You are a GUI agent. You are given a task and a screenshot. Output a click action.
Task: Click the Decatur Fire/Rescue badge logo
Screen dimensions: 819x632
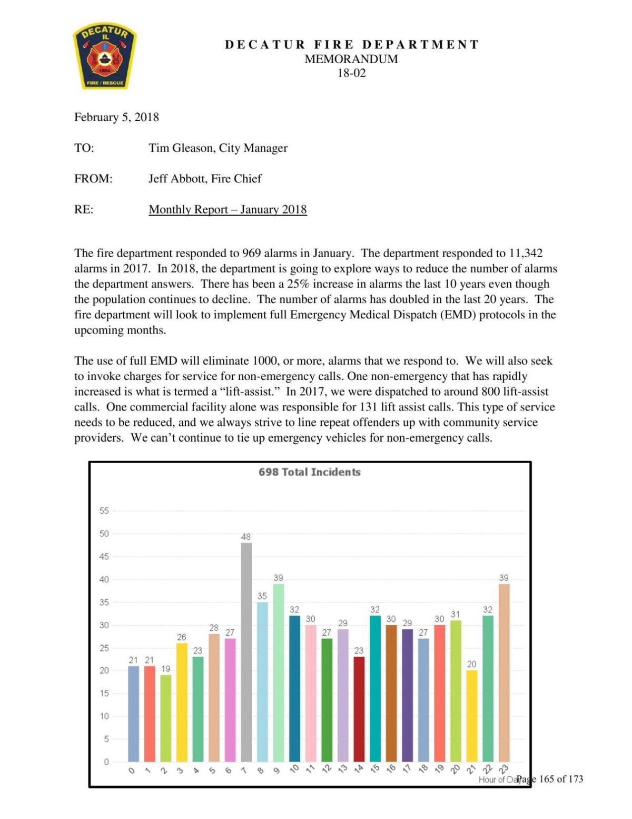click(x=105, y=57)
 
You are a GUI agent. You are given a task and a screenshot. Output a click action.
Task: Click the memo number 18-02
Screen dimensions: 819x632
click(x=351, y=73)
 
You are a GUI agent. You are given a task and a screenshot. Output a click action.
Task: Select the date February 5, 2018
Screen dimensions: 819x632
click(x=116, y=117)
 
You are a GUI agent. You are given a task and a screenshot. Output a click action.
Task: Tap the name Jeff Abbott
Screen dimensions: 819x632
click(x=174, y=179)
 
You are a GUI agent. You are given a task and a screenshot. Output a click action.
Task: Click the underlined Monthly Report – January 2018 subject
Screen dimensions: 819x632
click(x=228, y=210)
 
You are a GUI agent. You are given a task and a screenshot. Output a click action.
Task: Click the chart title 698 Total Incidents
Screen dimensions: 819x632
click(x=310, y=472)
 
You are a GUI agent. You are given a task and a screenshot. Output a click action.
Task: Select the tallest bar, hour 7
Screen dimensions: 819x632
click(x=246, y=652)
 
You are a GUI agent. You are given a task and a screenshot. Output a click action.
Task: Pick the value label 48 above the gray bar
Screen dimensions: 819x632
click(x=246, y=537)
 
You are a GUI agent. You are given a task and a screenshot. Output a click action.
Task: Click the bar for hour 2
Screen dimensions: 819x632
click(x=166, y=718)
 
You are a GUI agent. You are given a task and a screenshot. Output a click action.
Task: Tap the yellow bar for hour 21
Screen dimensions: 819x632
click(x=472, y=716)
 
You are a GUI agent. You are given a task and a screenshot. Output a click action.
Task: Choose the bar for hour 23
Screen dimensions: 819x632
click(x=504, y=672)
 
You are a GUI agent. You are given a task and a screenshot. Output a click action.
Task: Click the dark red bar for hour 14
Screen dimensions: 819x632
click(x=359, y=709)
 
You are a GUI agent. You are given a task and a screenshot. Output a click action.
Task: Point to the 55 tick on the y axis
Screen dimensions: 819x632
click(x=104, y=511)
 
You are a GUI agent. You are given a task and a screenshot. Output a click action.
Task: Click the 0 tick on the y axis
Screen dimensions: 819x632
click(x=106, y=762)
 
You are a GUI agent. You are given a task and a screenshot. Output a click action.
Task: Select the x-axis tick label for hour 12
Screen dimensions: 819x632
click(x=327, y=769)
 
